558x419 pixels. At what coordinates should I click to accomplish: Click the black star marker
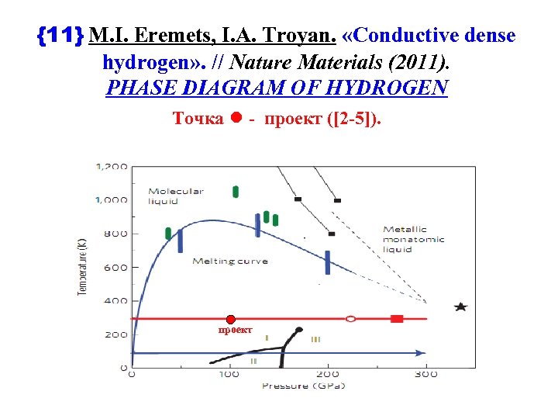pos(461,307)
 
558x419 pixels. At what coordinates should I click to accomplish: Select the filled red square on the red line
pos(397,318)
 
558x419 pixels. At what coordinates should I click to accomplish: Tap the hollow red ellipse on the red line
pos(350,318)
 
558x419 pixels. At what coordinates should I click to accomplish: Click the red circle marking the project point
pos(230,320)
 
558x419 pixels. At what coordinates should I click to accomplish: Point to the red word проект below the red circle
pos(236,330)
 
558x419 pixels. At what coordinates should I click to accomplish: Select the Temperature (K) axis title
pos(82,267)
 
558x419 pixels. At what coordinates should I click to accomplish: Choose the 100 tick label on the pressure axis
pos(229,374)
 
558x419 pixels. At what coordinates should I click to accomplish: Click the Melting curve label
pos(230,261)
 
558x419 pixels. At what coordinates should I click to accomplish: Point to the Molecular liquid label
pos(175,196)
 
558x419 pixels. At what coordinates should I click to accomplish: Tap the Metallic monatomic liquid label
pos(414,239)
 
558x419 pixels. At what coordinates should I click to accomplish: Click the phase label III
pos(315,339)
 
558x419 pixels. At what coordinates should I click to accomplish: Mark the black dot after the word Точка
pos(236,118)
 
